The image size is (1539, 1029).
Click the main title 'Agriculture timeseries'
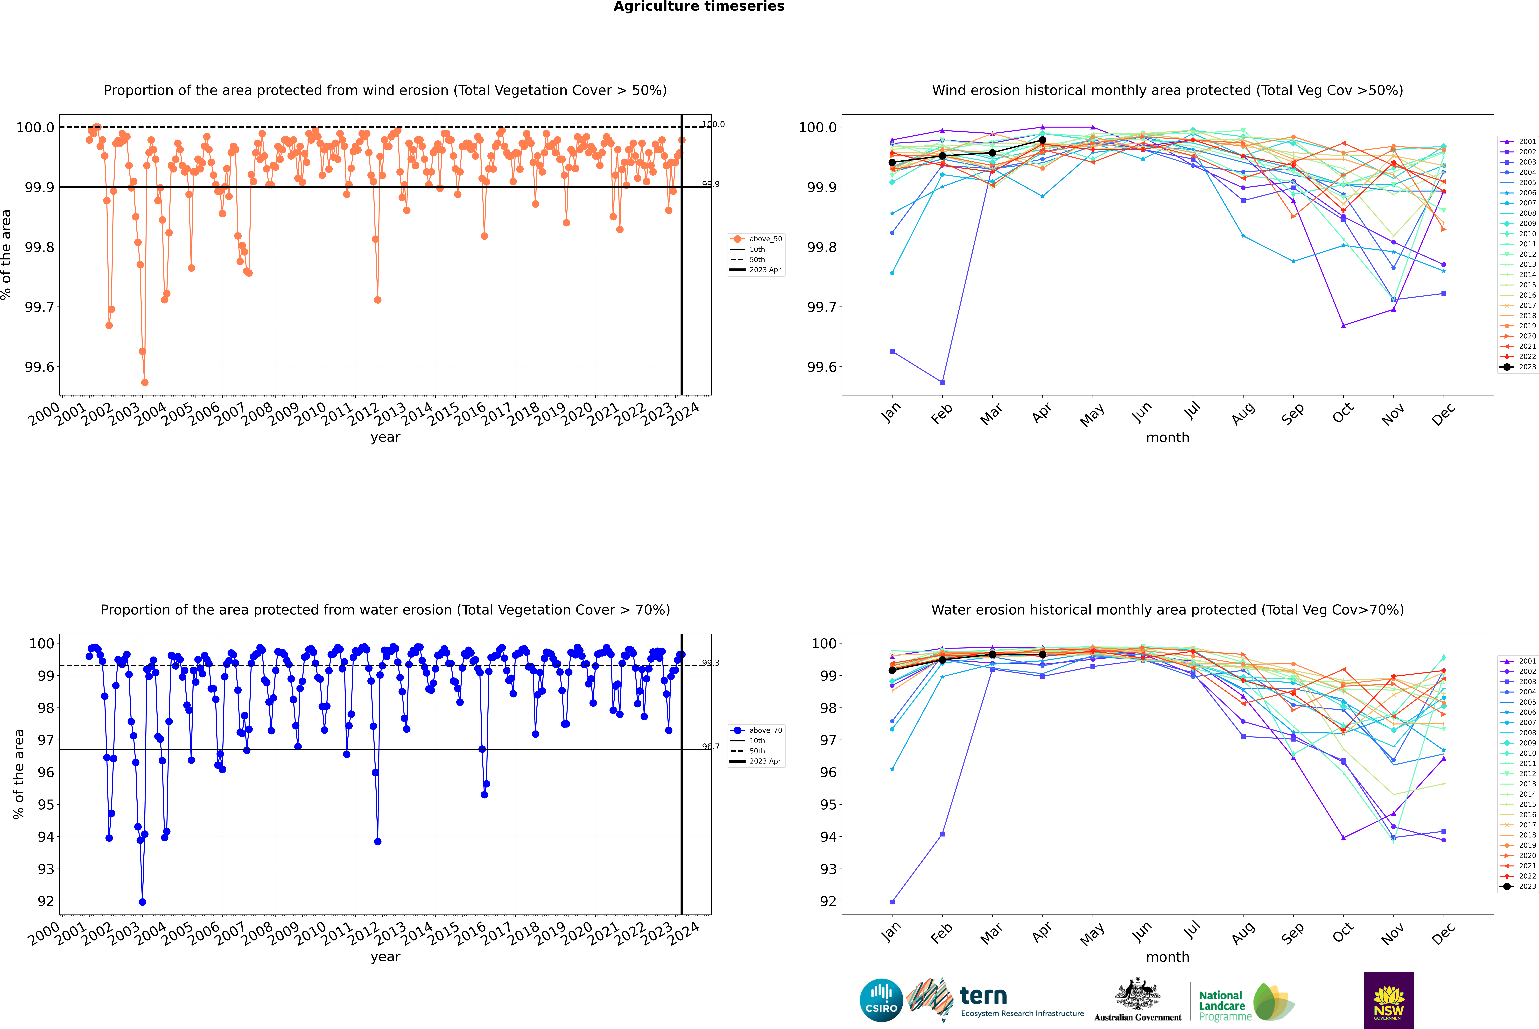699,7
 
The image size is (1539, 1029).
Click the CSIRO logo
881,1000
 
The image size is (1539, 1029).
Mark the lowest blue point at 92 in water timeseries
142,902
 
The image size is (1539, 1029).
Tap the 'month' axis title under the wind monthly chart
1167,438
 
